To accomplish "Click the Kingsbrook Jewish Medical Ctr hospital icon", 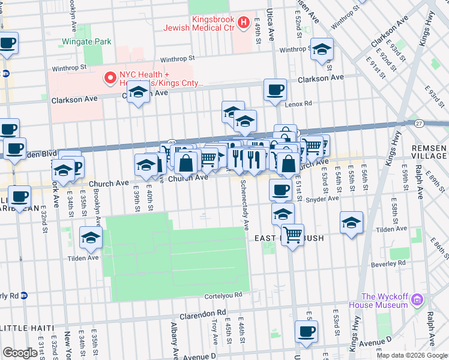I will pyautogui.click(x=244, y=23).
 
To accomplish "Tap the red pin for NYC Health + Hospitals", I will pyautogui.click(x=110, y=77).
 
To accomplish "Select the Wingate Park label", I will pyautogui.click(x=86, y=42).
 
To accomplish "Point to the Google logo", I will pyautogui.click(x=20, y=353).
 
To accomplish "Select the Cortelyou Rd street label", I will pyautogui.click(x=223, y=295).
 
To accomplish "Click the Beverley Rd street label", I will pyautogui.click(x=388, y=263).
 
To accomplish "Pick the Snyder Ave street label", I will pyautogui.click(x=322, y=199).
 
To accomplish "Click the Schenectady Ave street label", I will pyautogui.click(x=245, y=205).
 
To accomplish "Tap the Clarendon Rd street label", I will pyautogui.click(x=206, y=313).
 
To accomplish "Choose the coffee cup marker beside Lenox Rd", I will pyautogui.click(x=276, y=90).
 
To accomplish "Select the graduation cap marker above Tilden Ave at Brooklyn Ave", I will pyautogui.click(x=91, y=238).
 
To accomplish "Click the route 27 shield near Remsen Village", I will pyautogui.click(x=419, y=123).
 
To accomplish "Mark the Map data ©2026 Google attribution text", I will pyautogui.click(x=412, y=355).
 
